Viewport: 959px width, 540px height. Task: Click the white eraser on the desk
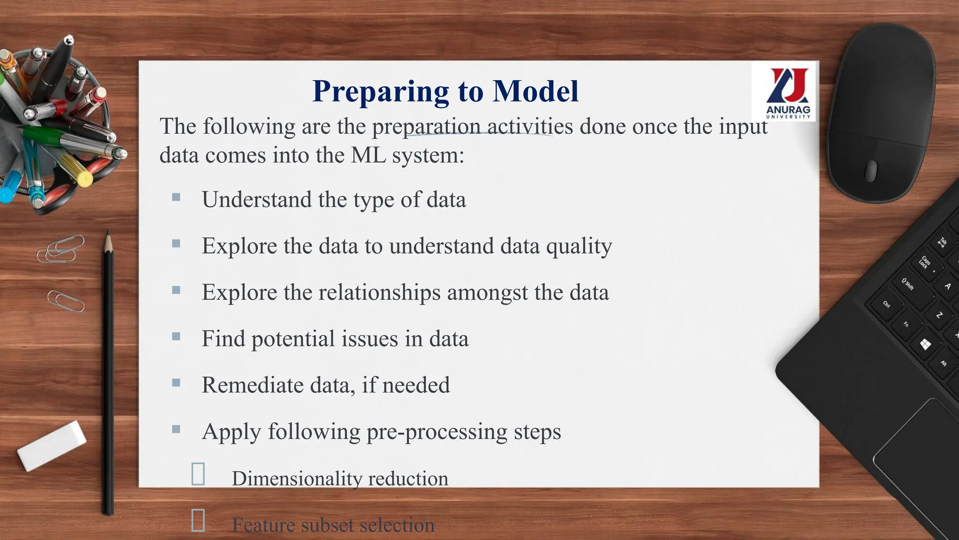[52, 445]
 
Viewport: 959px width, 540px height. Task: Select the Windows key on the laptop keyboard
[925, 345]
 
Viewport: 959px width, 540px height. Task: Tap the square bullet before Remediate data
[176, 382]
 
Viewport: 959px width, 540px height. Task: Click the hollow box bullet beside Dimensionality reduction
[198, 474]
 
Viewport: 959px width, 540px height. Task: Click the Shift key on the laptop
[908, 284]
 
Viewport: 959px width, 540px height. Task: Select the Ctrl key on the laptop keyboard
[886, 304]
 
